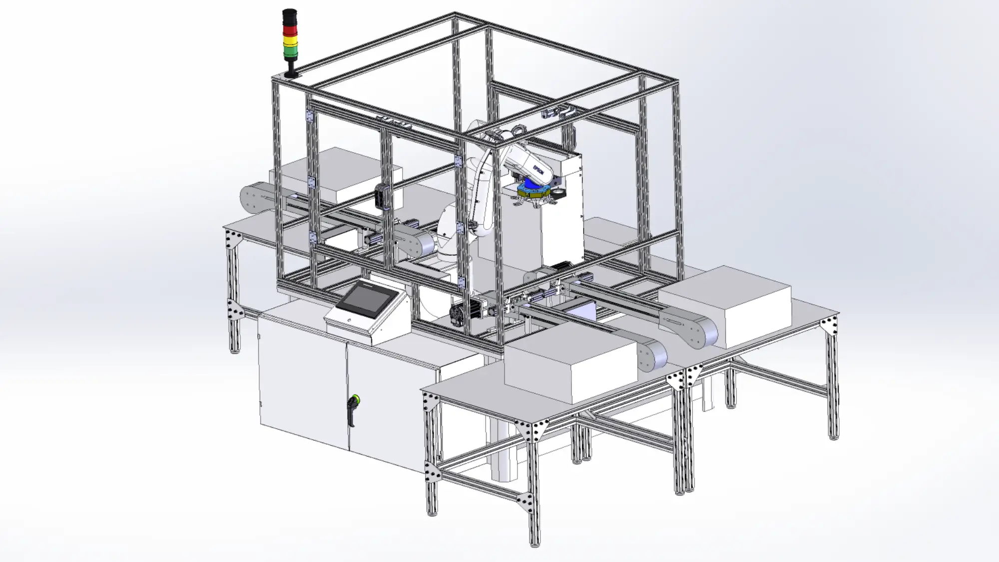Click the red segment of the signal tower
coord(290,29)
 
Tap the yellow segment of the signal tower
coord(290,40)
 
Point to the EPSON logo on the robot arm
coord(538,169)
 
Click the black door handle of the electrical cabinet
coord(352,413)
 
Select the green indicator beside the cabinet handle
coord(356,399)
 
